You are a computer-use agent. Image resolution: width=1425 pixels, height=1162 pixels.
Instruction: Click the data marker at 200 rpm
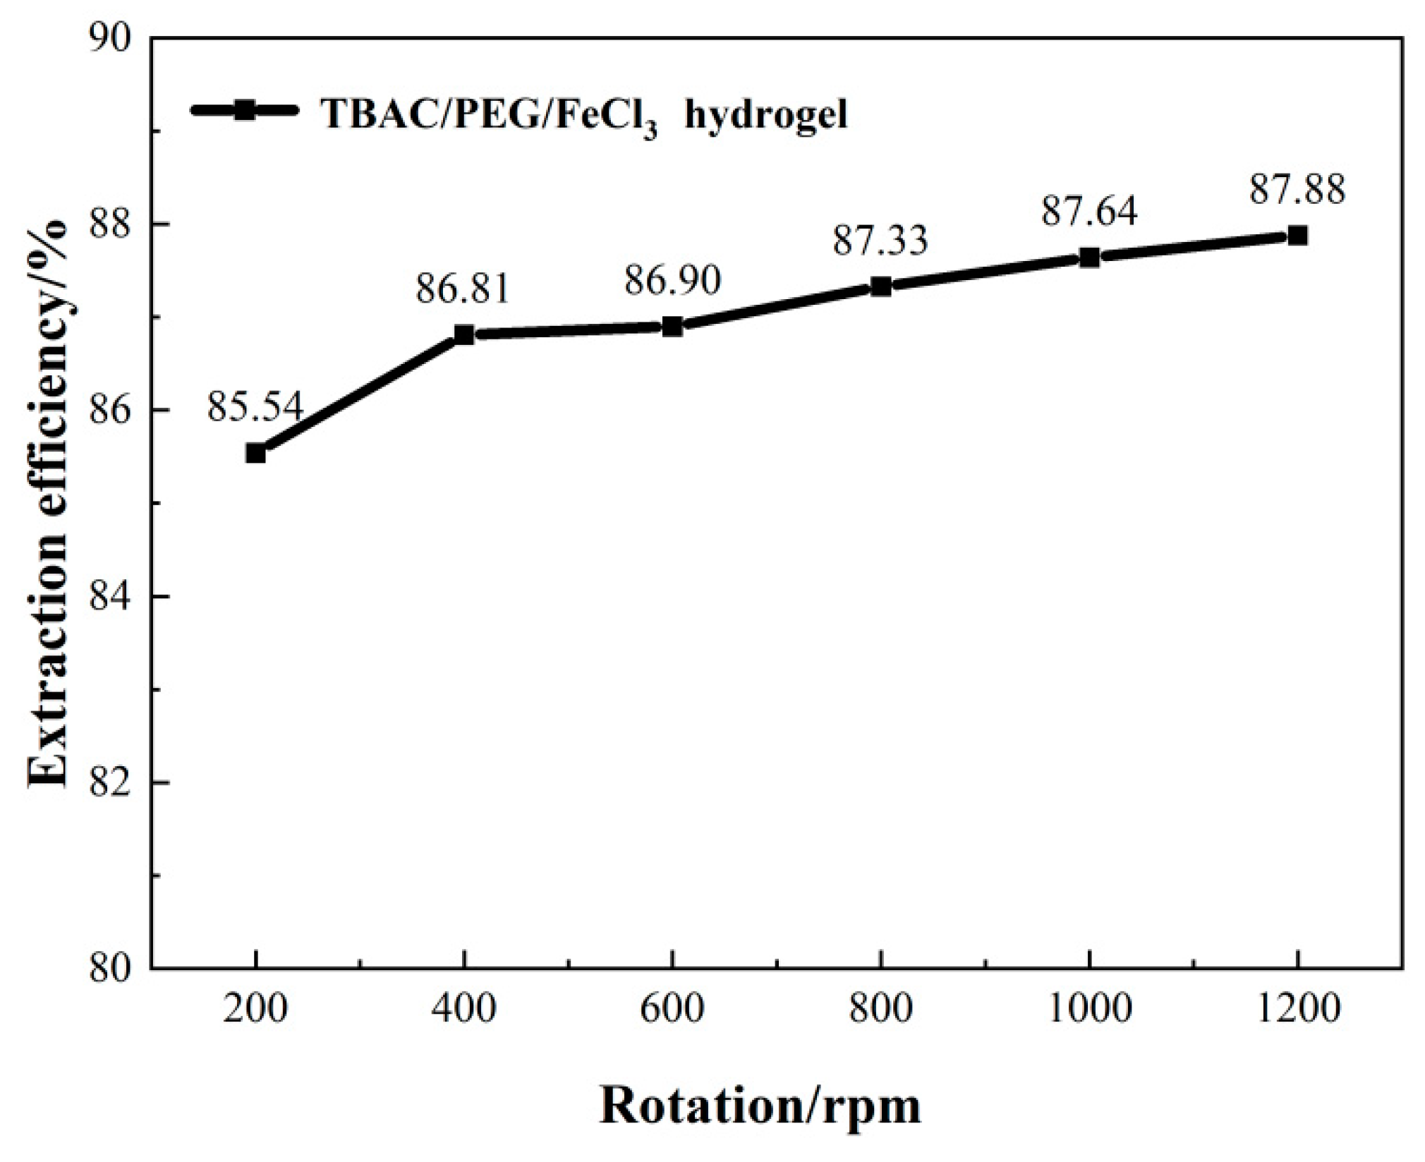[x=255, y=454]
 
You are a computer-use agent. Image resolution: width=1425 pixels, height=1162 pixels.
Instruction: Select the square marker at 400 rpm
[x=463, y=334]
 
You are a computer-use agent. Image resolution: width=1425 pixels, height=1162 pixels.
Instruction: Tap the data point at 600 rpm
[x=672, y=326]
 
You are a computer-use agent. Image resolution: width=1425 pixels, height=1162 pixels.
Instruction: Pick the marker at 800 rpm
[x=881, y=286]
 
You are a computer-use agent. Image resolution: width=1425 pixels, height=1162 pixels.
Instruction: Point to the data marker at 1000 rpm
[x=1089, y=257]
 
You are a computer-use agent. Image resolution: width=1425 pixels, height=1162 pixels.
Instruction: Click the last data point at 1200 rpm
[x=1297, y=235]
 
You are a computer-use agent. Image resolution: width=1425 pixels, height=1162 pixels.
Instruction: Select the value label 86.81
[x=462, y=289]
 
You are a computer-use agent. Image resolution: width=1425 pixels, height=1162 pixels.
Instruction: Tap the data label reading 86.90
[x=672, y=280]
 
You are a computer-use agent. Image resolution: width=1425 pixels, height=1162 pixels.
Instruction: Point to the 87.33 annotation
[x=880, y=240]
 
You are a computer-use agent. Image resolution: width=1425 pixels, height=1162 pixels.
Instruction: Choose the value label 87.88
[x=1297, y=189]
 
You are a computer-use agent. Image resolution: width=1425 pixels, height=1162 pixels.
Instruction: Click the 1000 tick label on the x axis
[x=1089, y=1009]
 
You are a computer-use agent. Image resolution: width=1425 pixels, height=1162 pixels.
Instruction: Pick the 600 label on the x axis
[x=672, y=1009]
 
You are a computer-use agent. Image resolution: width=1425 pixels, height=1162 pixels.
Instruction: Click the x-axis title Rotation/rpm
[x=760, y=1106]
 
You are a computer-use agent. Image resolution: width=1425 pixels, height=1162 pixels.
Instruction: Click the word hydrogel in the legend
[x=766, y=114]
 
